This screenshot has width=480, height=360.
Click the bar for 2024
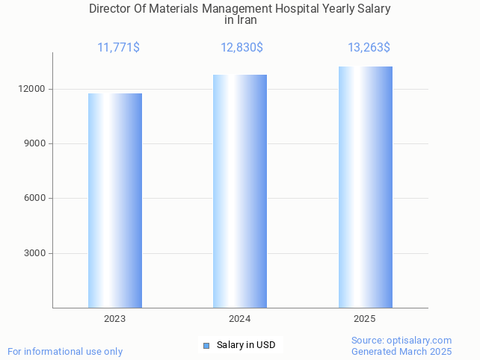tap(240, 191)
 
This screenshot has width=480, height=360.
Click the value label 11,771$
tap(118, 48)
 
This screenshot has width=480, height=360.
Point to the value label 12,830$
tap(241, 48)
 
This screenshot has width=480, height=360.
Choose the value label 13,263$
tap(369, 48)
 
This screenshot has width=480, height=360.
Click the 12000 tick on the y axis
tap(34, 89)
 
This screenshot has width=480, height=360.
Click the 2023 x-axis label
tap(114, 319)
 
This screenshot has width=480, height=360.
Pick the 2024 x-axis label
tap(239, 319)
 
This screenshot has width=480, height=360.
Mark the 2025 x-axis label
tap(364, 319)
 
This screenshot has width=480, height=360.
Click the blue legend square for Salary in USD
tap(206, 345)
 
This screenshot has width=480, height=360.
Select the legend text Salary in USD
tap(246, 345)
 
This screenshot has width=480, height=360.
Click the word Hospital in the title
tap(294, 9)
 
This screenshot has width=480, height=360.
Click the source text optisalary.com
tap(419, 340)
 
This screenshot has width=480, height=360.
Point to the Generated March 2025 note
tap(401, 351)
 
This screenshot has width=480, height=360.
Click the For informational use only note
tap(65, 351)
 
